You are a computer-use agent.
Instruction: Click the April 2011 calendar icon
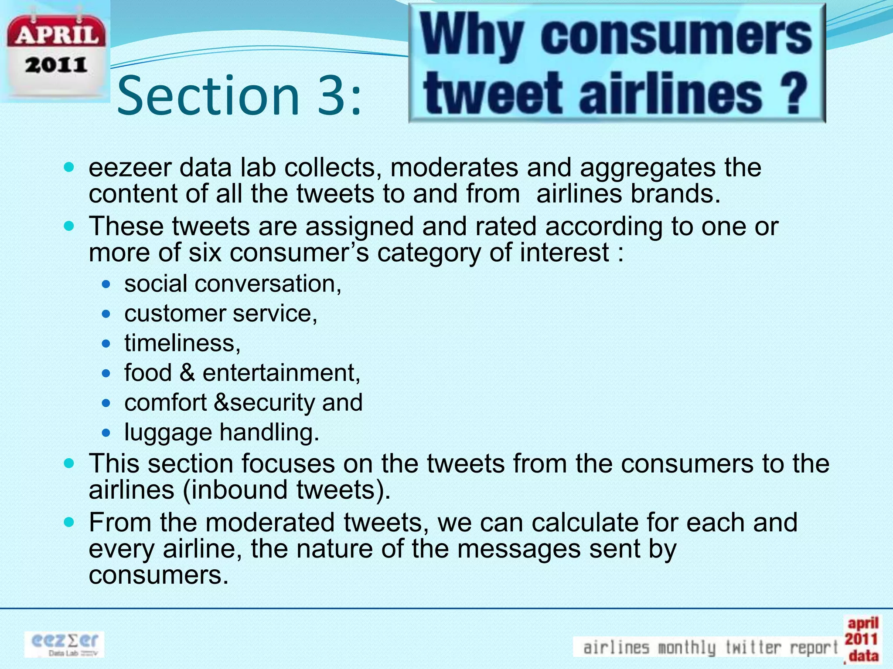(55, 52)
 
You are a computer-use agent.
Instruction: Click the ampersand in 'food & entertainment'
(187, 373)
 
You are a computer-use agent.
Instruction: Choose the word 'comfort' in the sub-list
(166, 402)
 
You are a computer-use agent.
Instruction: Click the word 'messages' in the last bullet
(519, 548)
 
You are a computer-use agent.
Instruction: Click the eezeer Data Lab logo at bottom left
(65, 644)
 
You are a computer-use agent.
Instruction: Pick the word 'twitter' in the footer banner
(753, 647)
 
